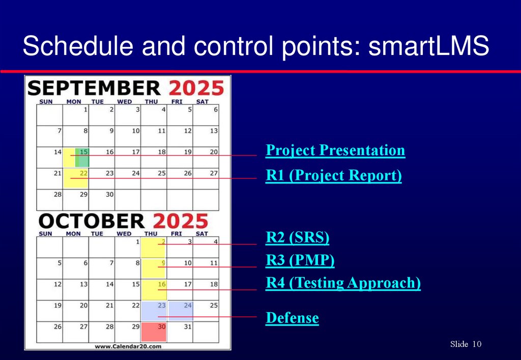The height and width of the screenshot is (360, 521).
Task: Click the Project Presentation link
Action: point(335,151)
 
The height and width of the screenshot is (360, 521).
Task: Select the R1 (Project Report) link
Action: point(334,176)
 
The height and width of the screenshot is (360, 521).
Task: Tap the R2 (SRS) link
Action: point(298,237)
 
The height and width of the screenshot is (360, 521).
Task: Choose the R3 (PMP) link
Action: point(300,260)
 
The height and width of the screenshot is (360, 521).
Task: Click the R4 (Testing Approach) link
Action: point(343,283)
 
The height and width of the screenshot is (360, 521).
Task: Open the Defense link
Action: point(293,318)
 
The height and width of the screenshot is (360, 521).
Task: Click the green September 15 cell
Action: point(82,158)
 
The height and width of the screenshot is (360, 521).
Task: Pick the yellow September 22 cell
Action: point(76,178)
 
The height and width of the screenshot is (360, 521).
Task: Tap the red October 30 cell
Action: point(154,332)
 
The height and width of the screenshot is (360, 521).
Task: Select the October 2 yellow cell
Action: point(154,248)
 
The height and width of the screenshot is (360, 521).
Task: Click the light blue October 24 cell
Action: point(180,310)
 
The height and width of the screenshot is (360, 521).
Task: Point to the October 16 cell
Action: point(154,289)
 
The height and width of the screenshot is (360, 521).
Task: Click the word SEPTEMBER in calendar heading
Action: point(94,88)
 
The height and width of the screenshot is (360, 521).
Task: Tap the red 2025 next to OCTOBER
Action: point(180,222)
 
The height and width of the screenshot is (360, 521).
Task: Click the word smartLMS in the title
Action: point(428,47)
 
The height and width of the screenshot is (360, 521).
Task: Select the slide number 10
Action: point(477,345)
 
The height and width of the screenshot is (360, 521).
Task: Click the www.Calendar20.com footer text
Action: point(128,346)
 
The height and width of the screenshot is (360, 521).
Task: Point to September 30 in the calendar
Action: point(102,200)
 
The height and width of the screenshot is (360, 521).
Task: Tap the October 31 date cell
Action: point(180,332)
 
